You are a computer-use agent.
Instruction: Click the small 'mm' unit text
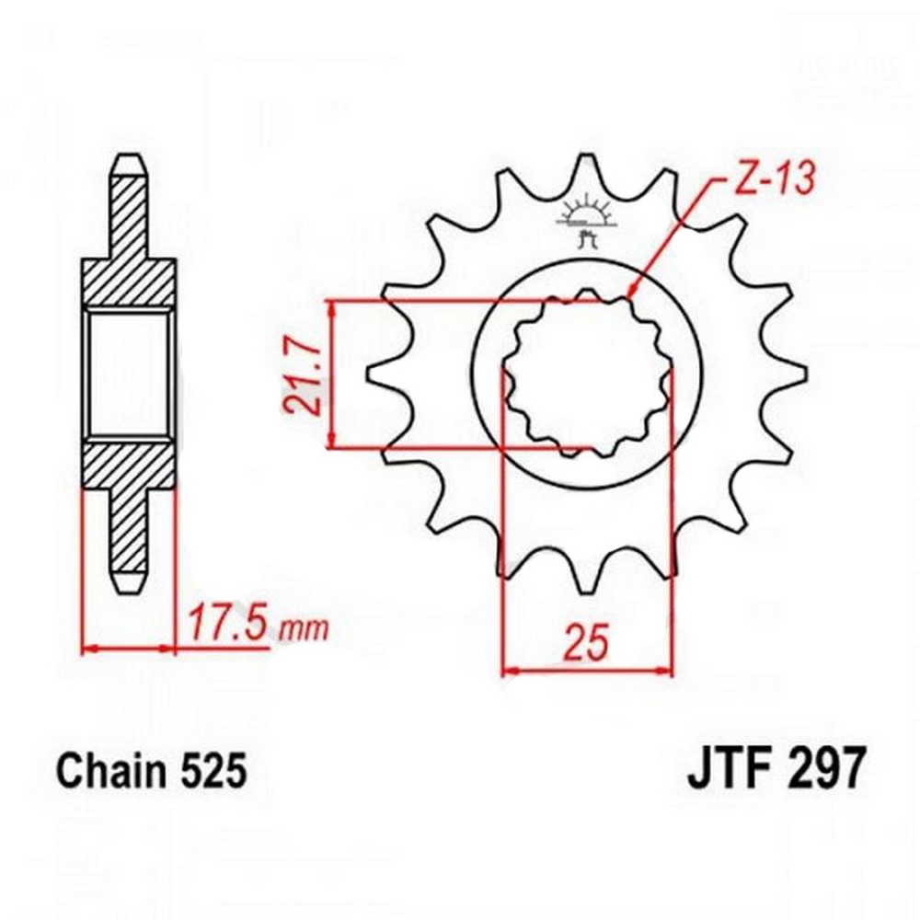click(305, 630)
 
